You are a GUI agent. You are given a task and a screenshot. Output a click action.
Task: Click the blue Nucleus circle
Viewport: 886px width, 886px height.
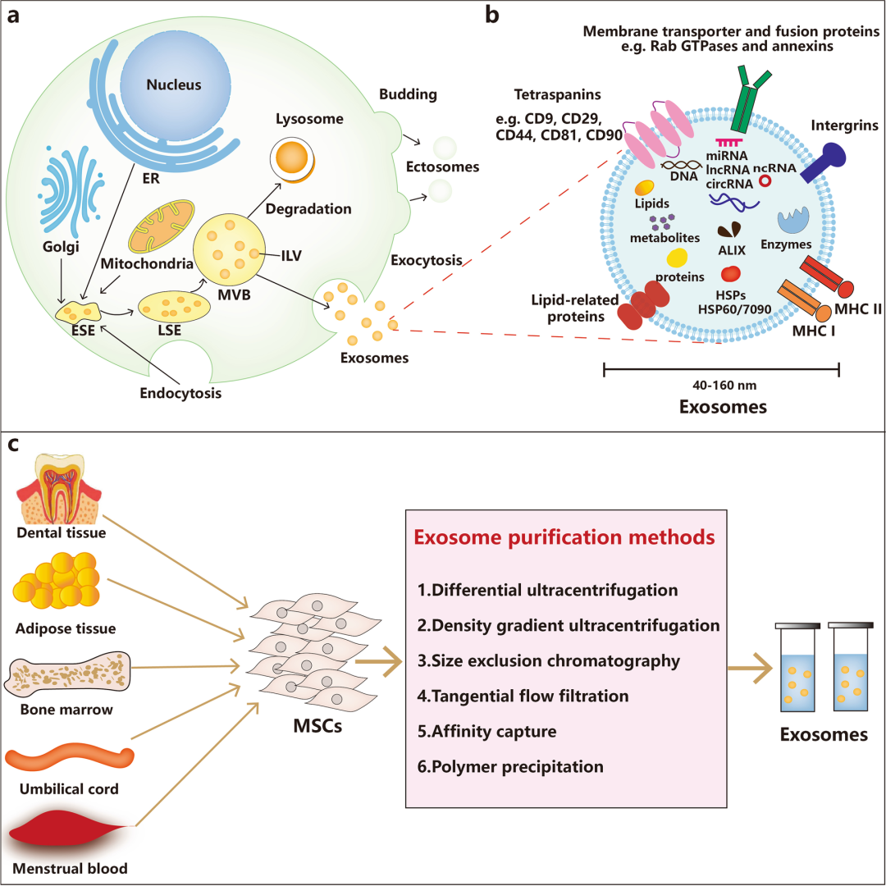click(173, 85)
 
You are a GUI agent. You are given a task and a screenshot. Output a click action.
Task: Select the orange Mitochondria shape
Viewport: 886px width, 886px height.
click(162, 224)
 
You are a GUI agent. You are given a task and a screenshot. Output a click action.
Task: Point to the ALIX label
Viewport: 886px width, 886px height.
click(731, 250)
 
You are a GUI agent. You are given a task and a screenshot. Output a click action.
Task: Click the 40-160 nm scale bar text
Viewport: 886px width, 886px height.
click(720, 386)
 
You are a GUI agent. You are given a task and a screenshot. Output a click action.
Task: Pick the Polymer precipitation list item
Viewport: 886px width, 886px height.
click(509, 767)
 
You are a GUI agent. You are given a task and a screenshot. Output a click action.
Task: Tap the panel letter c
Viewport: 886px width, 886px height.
click(13, 445)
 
